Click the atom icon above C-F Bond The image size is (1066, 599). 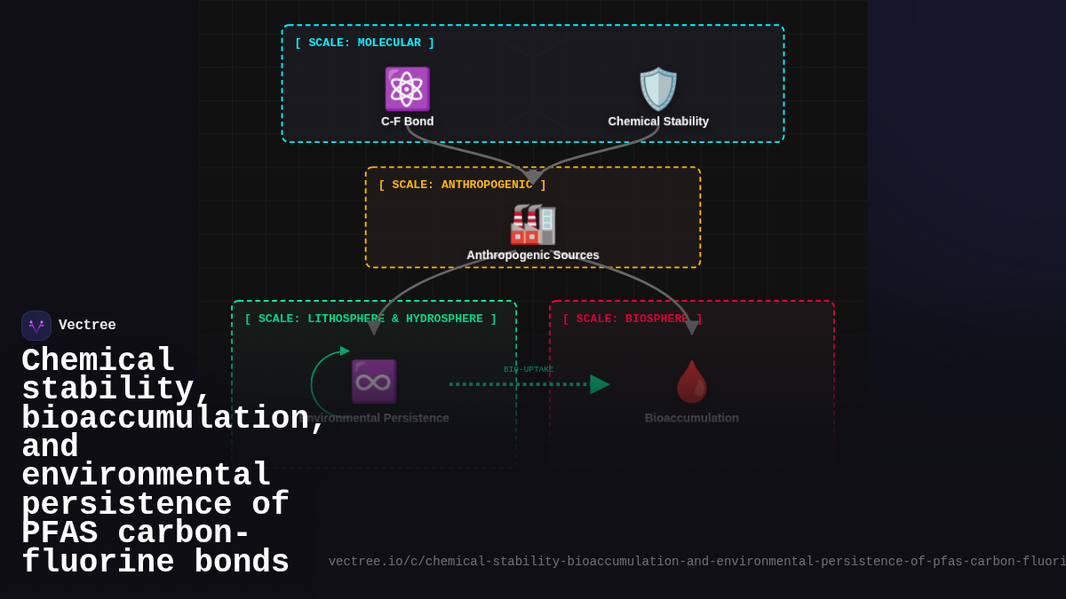(407, 89)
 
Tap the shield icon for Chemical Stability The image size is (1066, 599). (658, 89)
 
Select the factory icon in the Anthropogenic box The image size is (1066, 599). (533, 224)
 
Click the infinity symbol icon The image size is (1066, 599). (374, 382)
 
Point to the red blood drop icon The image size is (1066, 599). (691, 382)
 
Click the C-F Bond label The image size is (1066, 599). (408, 122)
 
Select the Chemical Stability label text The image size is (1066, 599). (658, 122)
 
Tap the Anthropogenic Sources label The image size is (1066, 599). (533, 256)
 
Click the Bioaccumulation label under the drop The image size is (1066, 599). (691, 418)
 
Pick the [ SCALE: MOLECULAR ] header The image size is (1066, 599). (364, 43)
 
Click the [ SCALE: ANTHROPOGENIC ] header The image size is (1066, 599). (462, 185)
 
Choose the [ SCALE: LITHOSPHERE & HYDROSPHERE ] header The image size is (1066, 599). (370, 319)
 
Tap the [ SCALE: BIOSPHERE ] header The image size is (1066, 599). (632, 319)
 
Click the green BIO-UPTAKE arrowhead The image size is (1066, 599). (600, 384)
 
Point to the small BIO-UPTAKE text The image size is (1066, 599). (529, 369)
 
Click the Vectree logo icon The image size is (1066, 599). (36, 326)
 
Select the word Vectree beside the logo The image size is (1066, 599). (87, 326)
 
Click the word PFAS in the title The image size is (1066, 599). (60, 533)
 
